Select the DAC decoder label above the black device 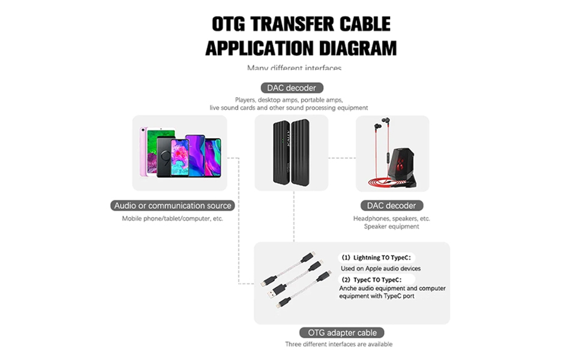click(x=292, y=88)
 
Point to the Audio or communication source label click(x=173, y=205)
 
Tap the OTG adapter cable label click(x=342, y=332)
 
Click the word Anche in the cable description click(x=349, y=288)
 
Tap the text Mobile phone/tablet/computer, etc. click(x=173, y=218)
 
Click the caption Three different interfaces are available click(x=338, y=344)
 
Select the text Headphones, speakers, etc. click(x=391, y=218)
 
